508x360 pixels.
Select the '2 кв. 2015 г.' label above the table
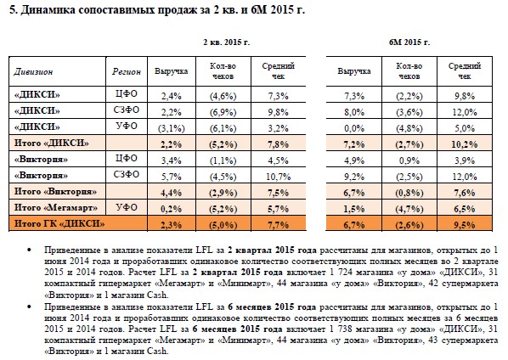click(x=227, y=42)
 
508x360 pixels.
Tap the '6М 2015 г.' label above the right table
click(x=409, y=42)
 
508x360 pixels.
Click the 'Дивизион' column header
click(x=33, y=71)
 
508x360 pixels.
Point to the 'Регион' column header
click(x=127, y=71)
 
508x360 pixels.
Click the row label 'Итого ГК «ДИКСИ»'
click(x=59, y=223)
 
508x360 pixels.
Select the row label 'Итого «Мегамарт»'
click(x=56, y=207)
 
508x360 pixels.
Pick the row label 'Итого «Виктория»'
click(x=55, y=191)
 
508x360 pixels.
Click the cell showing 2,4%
click(x=172, y=96)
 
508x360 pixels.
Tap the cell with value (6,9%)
click(x=223, y=112)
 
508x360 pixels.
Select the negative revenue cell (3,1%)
click(x=172, y=128)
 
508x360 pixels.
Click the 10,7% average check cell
click(x=279, y=177)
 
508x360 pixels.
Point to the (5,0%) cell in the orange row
click(x=223, y=225)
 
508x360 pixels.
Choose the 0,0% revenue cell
click(x=354, y=128)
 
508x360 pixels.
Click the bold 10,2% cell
click(x=465, y=144)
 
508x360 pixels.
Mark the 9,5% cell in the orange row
click(x=465, y=225)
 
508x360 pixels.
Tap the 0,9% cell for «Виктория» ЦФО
click(x=409, y=160)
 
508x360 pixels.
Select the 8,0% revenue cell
click(x=354, y=112)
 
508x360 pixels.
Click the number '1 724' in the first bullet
click(x=341, y=273)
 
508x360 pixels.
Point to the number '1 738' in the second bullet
click(x=341, y=329)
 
